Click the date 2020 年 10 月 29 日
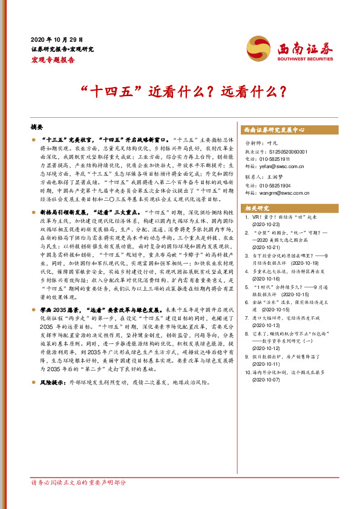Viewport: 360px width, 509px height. tap(56, 38)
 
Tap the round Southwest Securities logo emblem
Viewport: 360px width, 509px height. tap(258, 47)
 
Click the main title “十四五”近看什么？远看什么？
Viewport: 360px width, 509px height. tap(180, 92)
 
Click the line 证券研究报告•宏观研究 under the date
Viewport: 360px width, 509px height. tap(62, 48)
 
